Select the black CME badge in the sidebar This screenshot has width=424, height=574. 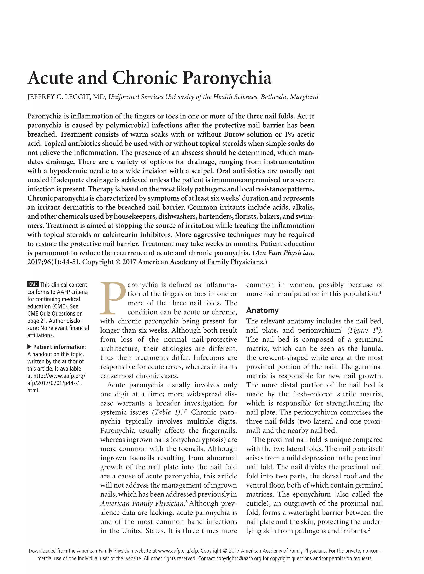point(33,284)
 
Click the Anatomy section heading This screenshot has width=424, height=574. point(262,310)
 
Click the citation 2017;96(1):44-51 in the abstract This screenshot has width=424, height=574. point(54,262)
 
